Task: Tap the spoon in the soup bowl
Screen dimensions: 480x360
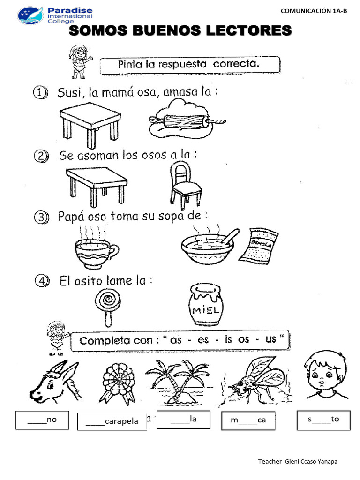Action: [x=229, y=237]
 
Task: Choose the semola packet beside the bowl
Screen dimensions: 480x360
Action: [x=258, y=244]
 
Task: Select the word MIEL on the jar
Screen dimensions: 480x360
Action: [x=205, y=311]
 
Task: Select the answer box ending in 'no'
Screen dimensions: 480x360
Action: [x=42, y=420]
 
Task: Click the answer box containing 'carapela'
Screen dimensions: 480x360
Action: [x=112, y=421]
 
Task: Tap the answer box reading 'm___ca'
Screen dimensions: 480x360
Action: [x=248, y=420]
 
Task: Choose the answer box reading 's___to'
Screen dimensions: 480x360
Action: [x=323, y=420]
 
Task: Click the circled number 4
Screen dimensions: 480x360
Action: [x=41, y=282]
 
